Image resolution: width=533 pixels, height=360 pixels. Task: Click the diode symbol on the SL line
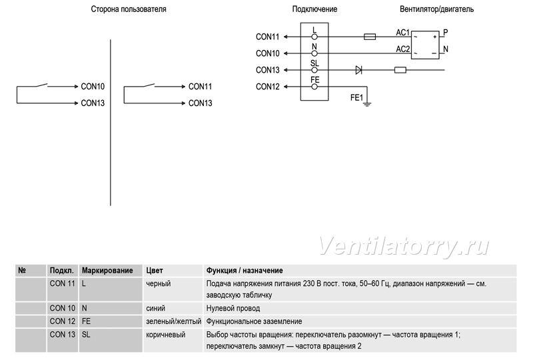(358, 70)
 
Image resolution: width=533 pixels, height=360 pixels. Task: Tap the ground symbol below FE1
(367, 104)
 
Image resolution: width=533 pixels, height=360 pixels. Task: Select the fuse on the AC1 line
(370, 37)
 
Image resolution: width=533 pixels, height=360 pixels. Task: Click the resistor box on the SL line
(400, 70)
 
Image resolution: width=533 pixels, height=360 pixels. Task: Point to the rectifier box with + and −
(425, 45)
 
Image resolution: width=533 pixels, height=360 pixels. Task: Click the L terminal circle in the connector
(314, 37)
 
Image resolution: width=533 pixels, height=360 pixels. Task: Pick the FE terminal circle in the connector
(314, 87)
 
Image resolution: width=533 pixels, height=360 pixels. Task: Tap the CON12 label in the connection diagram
(268, 87)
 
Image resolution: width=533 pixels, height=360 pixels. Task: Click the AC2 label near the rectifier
(403, 49)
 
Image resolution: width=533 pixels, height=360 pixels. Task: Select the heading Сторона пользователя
(129, 9)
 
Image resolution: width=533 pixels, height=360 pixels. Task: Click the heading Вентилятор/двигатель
(436, 9)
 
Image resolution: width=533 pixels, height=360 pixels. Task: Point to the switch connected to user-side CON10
(42, 85)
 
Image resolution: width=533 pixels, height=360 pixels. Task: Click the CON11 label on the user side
(201, 87)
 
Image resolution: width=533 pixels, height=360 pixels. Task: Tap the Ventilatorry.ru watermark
(404, 246)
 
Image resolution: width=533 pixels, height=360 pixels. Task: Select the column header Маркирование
(107, 271)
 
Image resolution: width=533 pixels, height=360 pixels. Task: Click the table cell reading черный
(159, 283)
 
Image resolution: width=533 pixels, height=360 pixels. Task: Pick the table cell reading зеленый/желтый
(174, 321)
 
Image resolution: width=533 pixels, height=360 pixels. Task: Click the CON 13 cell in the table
(63, 335)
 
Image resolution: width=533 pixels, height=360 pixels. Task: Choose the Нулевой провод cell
(233, 308)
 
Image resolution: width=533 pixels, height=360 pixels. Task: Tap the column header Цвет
(155, 271)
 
